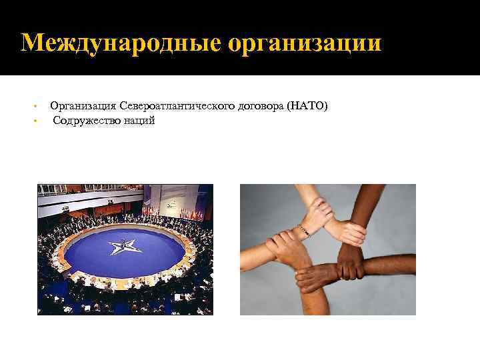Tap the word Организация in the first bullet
[x=84, y=107]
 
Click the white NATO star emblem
[x=125, y=246]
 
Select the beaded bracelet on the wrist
[x=304, y=231]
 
